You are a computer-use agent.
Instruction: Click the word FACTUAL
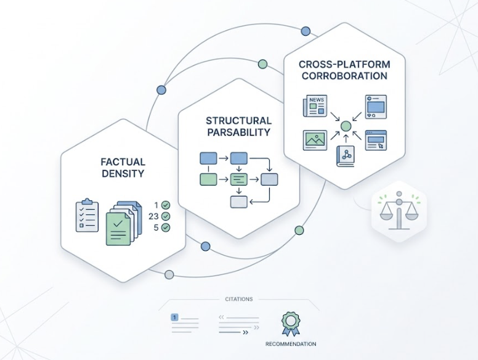point(123,162)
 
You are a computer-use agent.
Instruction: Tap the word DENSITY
point(123,173)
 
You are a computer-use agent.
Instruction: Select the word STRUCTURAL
point(238,120)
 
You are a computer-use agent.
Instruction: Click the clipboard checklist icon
point(87,215)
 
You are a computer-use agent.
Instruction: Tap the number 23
point(155,216)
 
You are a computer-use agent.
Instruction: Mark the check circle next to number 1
point(166,205)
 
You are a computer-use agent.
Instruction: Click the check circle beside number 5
point(166,227)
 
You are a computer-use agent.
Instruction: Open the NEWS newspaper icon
point(314,106)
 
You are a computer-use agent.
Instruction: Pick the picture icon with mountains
point(314,139)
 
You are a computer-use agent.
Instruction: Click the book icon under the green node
point(346,155)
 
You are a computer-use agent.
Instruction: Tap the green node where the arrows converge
point(346,126)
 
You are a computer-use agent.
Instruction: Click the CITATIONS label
point(238,299)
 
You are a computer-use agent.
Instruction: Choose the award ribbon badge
point(291,322)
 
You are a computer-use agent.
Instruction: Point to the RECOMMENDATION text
point(291,343)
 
